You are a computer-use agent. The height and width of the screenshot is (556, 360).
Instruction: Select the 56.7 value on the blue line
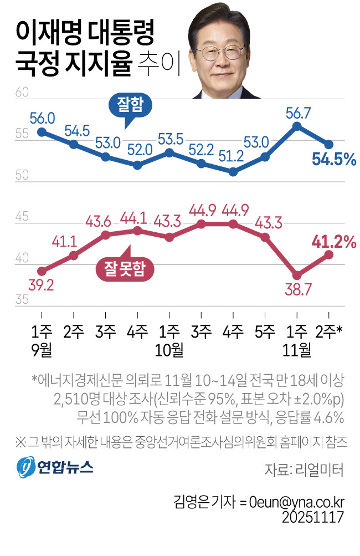tap(297, 113)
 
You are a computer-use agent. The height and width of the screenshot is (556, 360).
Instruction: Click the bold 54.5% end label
tap(333, 160)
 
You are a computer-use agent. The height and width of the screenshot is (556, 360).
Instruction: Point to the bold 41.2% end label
tap(334, 242)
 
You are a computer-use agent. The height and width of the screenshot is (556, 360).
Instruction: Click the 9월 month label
tap(42, 349)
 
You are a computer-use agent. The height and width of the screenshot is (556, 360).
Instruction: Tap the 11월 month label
tap(297, 349)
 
